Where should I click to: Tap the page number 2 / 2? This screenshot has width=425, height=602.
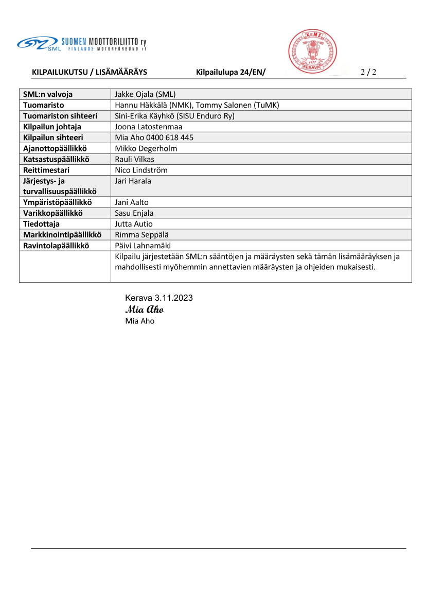(368, 72)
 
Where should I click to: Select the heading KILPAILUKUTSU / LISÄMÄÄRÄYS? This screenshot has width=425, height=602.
(90, 72)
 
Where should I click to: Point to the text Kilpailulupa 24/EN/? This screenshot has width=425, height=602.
(231, 72)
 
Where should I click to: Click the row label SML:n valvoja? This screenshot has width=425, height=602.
(48, 94)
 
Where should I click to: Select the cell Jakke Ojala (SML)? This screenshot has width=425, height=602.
(146, 94)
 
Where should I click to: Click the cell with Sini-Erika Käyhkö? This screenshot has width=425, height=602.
(175, 116)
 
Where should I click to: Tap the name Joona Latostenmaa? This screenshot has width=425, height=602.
(149, 127)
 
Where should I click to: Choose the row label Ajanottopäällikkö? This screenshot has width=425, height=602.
(55, 148)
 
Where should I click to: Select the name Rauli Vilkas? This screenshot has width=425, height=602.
(135, 159)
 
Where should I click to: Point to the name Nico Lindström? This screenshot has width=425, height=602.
(141, 170)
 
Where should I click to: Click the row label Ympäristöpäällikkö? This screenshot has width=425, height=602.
(57, 202)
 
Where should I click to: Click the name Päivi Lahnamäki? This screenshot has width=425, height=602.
(143, 246)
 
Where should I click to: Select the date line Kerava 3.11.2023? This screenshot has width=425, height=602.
(159, 298)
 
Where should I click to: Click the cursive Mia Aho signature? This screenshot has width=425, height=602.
(144, 309)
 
